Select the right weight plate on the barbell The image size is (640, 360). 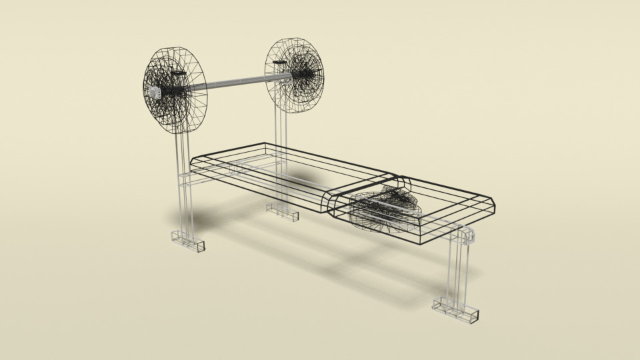coord(296,75)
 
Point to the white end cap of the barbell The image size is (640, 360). coord(153,93)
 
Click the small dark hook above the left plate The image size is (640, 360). coord(179,72)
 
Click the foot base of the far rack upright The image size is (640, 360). coord(283,213)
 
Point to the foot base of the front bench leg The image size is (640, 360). coord(457,310)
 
